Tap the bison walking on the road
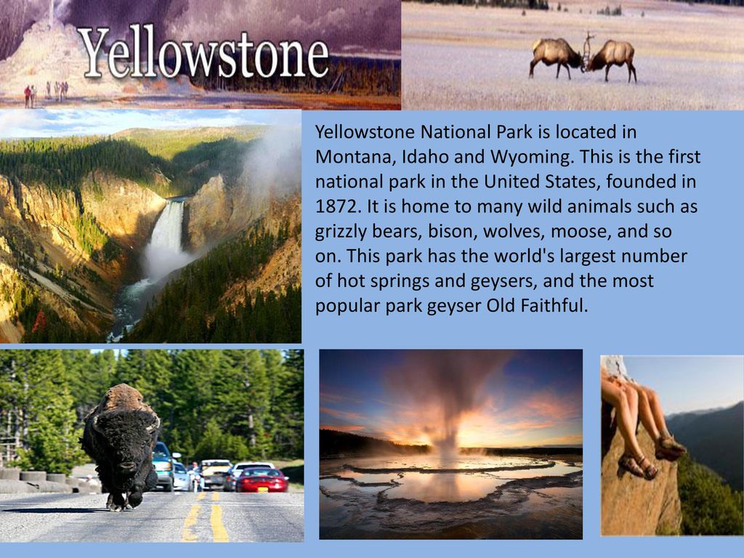pyautogui.click(x=121, y=446)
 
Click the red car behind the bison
pyautogui.click(x=262, y=480)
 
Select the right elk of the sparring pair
pyautogui.click(x=612, y=59)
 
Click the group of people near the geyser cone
pyautogui.click(x=46, y=92)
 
